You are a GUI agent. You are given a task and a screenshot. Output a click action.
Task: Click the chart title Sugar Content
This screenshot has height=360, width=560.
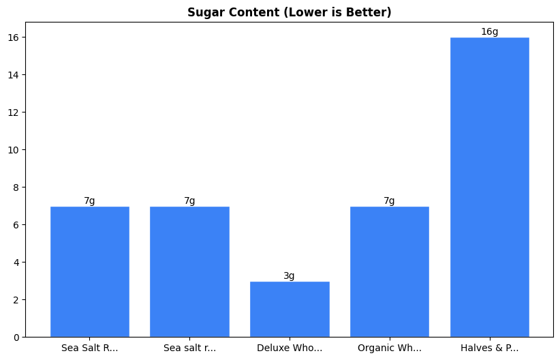[x=289, y=12]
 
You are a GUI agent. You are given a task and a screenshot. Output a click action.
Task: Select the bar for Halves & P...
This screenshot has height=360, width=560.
[x=489, y=187]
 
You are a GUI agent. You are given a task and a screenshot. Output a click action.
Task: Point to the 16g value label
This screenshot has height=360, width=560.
[x=489, y=32]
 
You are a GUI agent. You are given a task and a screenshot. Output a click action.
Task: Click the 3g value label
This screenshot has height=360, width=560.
[x=290, y=276]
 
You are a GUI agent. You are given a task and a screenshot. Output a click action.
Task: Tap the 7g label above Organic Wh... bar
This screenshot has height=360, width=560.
[x=389, y=201]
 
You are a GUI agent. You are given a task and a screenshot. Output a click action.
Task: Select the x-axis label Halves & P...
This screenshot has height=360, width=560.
[x=489, y=348]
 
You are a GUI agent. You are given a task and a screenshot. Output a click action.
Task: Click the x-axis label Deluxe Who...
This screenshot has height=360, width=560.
[x=290, y=348]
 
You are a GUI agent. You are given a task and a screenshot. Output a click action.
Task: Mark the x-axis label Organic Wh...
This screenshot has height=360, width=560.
[x=389, y=348]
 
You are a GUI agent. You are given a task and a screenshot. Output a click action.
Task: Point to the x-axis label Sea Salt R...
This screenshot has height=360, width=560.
[x=89, y=348]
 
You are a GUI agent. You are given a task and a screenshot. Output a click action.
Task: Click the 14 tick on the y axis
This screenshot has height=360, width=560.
[x=15, y=75]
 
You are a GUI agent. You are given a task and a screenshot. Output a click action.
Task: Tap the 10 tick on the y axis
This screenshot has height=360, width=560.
[x=15, y=150]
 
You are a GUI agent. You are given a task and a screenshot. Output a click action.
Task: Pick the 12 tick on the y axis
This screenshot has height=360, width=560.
[x=15, y=112]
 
